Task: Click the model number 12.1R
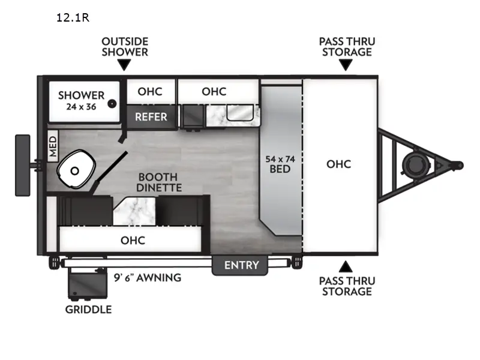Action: (x=73, y=17)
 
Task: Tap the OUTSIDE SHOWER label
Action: (x=124, y=47)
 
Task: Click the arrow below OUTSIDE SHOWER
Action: (x=124, y=65)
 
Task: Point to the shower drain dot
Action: (x=112, y=103)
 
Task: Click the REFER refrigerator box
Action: (x=151, y=116)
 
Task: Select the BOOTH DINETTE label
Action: (x=158, y=182)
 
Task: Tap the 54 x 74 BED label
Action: (x=280, y=164)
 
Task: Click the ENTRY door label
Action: (x=241, y=265)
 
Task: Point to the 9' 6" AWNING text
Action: (x=147, y=278)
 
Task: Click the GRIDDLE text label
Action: (x=88, y=310)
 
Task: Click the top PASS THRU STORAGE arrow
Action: (x=346, y=65)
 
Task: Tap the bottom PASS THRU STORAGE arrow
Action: (x=346, y=266)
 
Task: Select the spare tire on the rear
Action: (x=23, y=164)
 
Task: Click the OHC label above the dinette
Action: (x=133, y=241)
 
